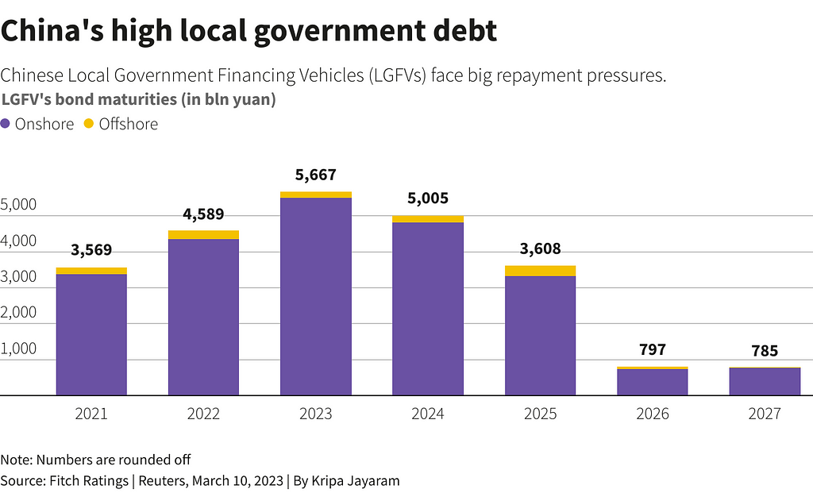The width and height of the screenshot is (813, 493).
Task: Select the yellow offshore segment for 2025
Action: coord(540,271)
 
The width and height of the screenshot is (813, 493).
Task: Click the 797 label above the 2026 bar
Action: coord(652,350)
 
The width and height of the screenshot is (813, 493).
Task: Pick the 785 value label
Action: coord(765,351)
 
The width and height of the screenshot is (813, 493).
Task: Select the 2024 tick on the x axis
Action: coord(428,414)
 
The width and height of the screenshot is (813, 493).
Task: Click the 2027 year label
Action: coord(765,414)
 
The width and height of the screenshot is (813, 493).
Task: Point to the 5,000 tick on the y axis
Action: coord(19,206)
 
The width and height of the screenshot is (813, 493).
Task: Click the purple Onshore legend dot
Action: coord(6,124)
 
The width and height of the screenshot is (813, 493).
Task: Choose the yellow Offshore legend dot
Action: coord(89,124)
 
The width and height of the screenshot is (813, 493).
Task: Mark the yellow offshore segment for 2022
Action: coord(203,234)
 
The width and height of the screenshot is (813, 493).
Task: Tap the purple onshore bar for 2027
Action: coord(765,381)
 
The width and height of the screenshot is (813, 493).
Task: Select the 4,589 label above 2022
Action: coord(203,214)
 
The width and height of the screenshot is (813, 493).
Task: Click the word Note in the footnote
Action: coord(16,460)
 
